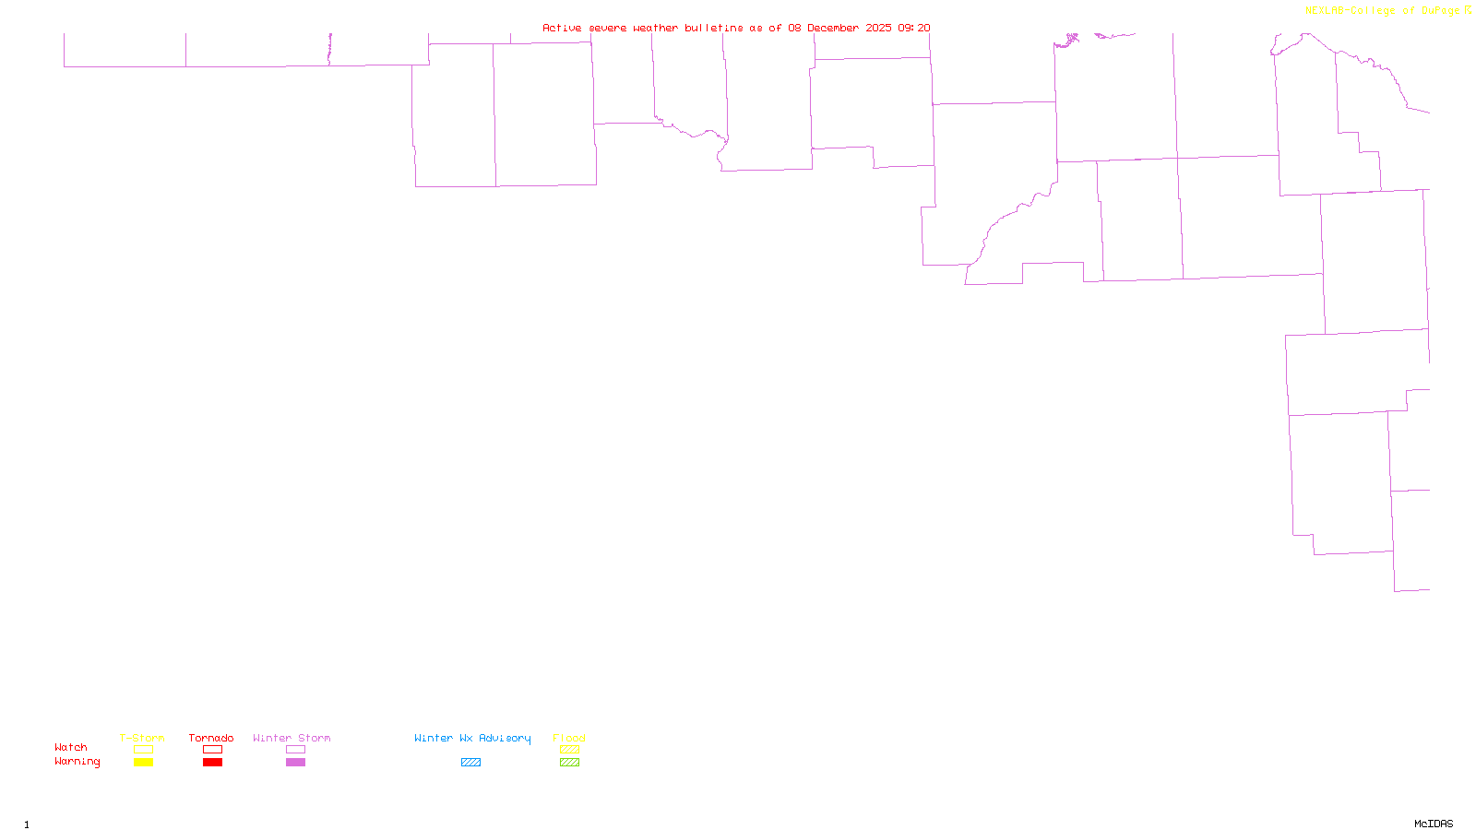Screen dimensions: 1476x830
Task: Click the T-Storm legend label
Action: [x=142, y=738]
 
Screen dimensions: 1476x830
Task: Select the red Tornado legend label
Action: [x=211, y=738]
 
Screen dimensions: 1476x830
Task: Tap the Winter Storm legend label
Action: [x=292, y=738]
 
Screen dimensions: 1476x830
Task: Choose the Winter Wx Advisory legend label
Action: [x=472, y=738]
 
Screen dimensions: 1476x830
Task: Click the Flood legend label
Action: [x=569, y=738]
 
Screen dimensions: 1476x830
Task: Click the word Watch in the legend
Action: [x=71, y=747]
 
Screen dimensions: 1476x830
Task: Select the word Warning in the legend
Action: [x=77, y=762]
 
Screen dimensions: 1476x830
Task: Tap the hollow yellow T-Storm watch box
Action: [x=143, y=750]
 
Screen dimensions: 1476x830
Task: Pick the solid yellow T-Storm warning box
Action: [x=143, y=763]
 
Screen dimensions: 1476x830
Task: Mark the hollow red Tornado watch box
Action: [x=212, y=750]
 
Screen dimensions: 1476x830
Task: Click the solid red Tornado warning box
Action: [x=212, y=763]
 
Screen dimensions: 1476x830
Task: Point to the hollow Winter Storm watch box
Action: [x=295, y=750]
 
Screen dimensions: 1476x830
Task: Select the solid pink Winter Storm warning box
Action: [x=295, y=763]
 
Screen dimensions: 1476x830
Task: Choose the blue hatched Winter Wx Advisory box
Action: [x=470, y=763]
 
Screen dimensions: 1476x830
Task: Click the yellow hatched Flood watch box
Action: [x=569, y=750]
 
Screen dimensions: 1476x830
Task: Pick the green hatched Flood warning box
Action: [x=569, y=763]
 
